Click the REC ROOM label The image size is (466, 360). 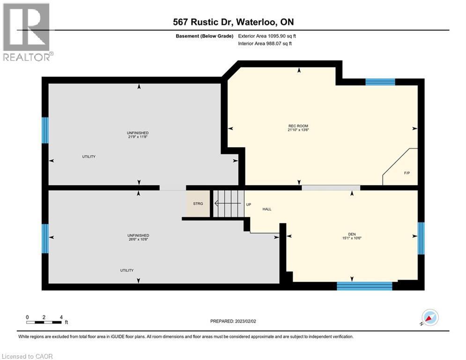pyautogui.click(x=298, y=125)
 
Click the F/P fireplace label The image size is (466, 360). pyautogui.click(x=407, y=173)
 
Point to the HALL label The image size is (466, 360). pyautogui.click(x=267, y=210)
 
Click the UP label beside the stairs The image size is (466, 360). pyautogui.click(x=249, y=204)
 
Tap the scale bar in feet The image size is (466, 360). pyautogui.click(x=44, y=322)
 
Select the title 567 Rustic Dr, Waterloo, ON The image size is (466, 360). pyautogui.click(x=233, y=22)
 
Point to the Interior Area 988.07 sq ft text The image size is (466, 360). pyautogui.click(x=267, y=44)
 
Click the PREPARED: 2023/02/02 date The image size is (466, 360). pyautogui.click(x=233, y=321)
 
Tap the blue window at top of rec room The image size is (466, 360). pyautogui.click(x=380, y=82)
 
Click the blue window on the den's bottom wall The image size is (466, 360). pyautogui.click(x=364, y=285)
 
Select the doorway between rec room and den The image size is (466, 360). pyautogui.click(x=331, y=187)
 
